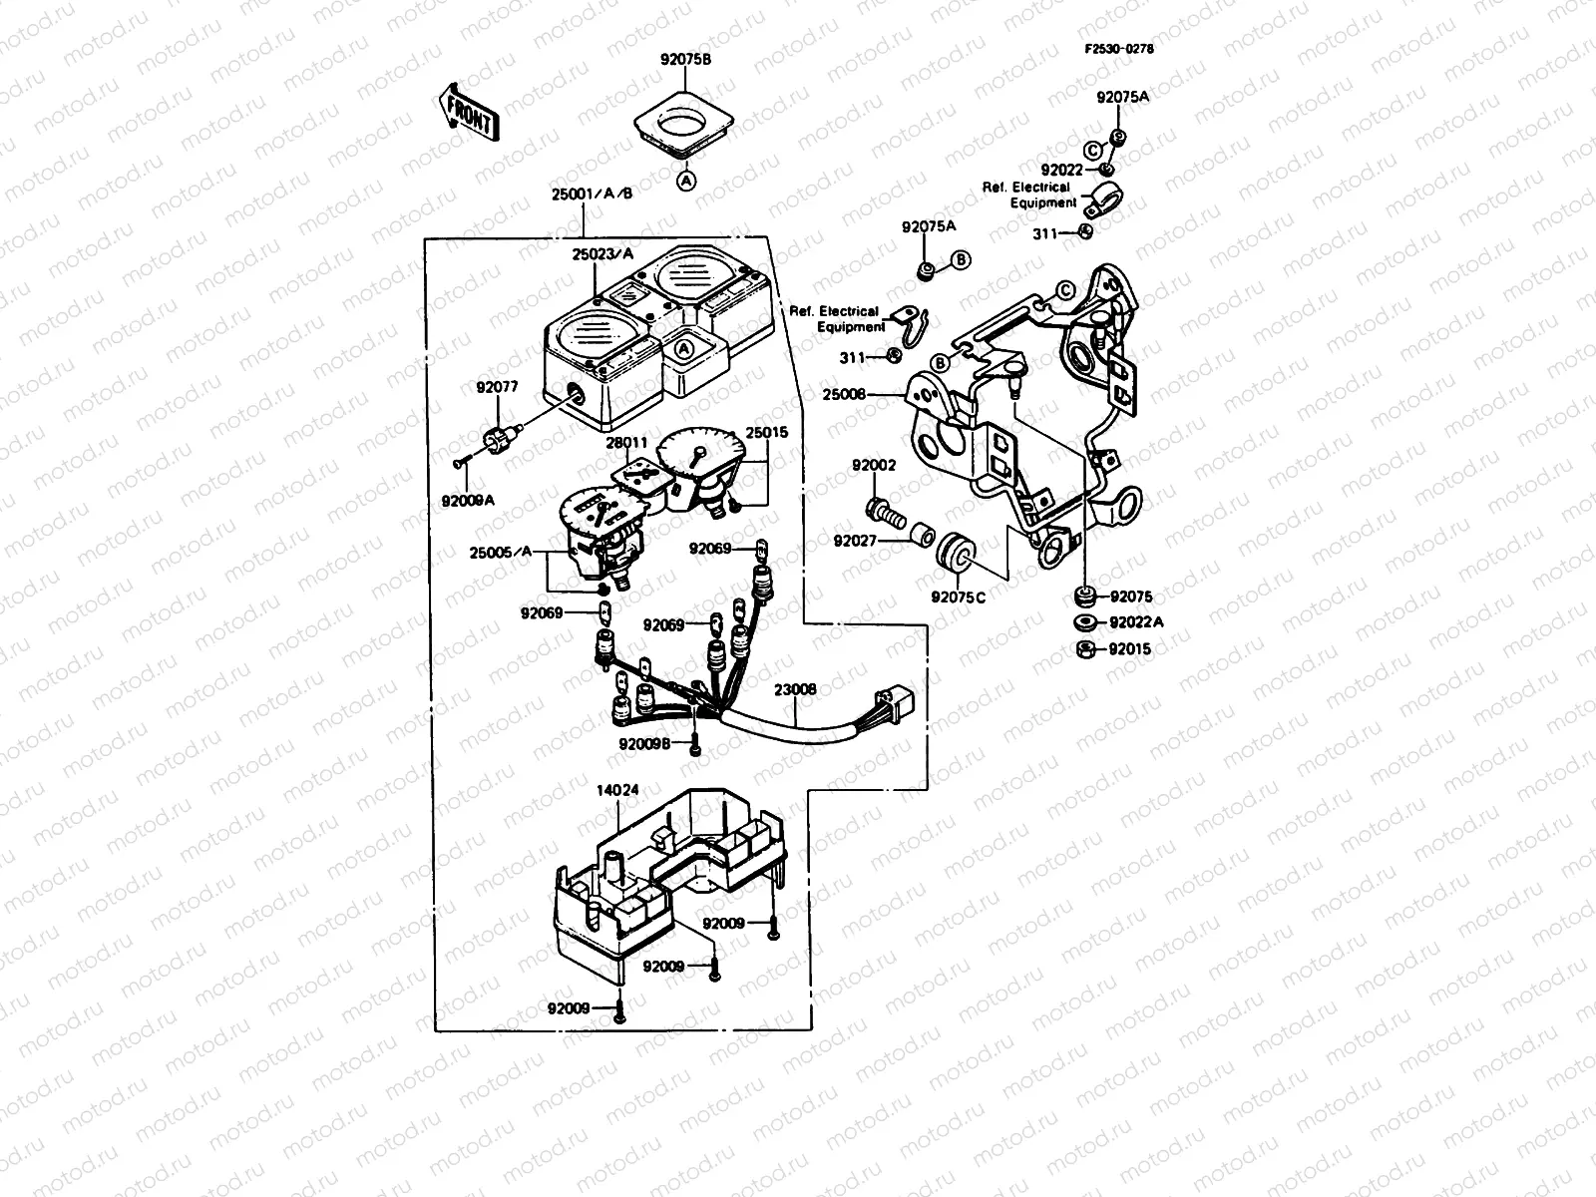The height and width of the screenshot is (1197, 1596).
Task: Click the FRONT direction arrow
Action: [x=468, y=111]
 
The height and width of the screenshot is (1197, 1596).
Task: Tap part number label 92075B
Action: [x=685, y=58]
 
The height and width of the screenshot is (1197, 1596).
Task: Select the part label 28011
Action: [x=627, y=442]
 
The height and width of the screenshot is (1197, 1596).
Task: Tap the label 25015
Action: [x=767, y=433]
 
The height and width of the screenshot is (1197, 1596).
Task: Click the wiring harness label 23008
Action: [x=795, y=688]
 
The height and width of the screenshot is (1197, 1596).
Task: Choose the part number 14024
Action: [x=617, y=788]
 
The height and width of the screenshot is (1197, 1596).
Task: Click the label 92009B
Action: [x=643, y=743]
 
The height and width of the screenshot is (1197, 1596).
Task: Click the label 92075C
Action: [x=958, y=598]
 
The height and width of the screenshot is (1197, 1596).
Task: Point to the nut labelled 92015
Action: [x=1083, y=649]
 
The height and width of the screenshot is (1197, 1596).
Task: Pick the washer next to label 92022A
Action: [x=1083, y=622]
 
